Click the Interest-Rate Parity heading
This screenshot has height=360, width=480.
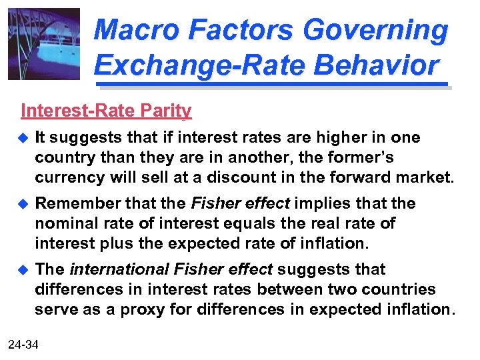coord(106,111)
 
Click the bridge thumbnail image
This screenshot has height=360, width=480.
coord(44,44)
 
